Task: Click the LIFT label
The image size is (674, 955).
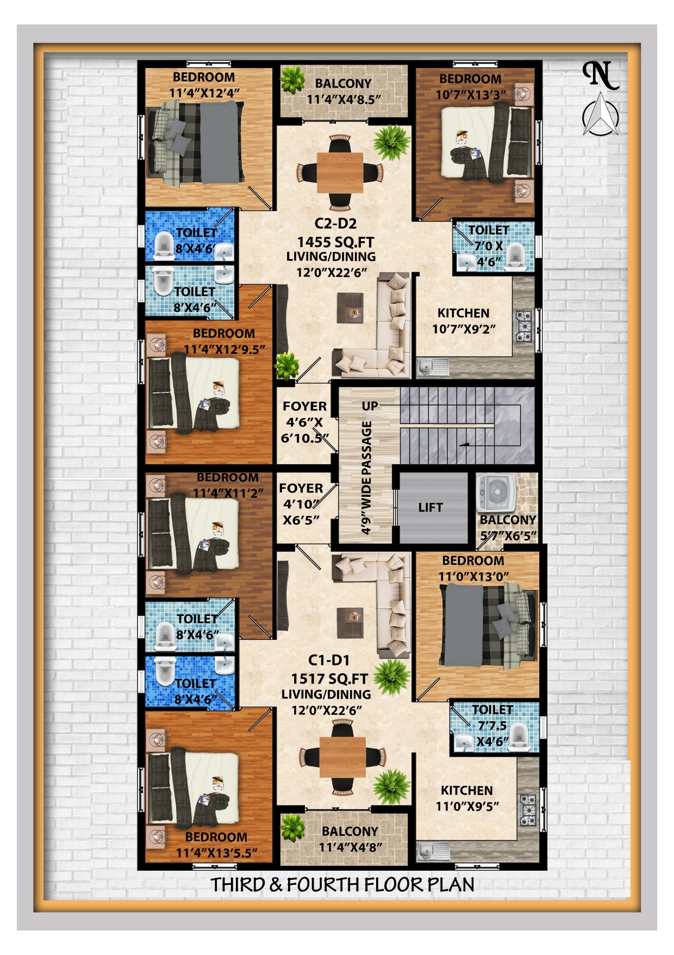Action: point(430,507)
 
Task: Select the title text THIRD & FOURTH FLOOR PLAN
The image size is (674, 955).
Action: point(342,885)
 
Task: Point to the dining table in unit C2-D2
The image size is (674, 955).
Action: point(340,173)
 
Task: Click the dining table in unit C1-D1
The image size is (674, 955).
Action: point(342,757)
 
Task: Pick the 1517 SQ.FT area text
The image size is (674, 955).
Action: point(329,679)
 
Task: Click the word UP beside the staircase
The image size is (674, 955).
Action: point(370,406)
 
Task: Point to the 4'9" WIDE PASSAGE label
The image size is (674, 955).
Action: point(366,478)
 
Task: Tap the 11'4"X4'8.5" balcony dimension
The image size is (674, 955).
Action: point(344,100)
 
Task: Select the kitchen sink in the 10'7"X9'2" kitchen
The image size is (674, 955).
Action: point(433,366)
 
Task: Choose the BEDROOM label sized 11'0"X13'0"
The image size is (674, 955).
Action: point(473,560)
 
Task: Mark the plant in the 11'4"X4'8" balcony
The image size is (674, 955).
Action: point(292,828)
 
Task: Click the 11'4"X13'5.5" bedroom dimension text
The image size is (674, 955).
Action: point(216,853)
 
